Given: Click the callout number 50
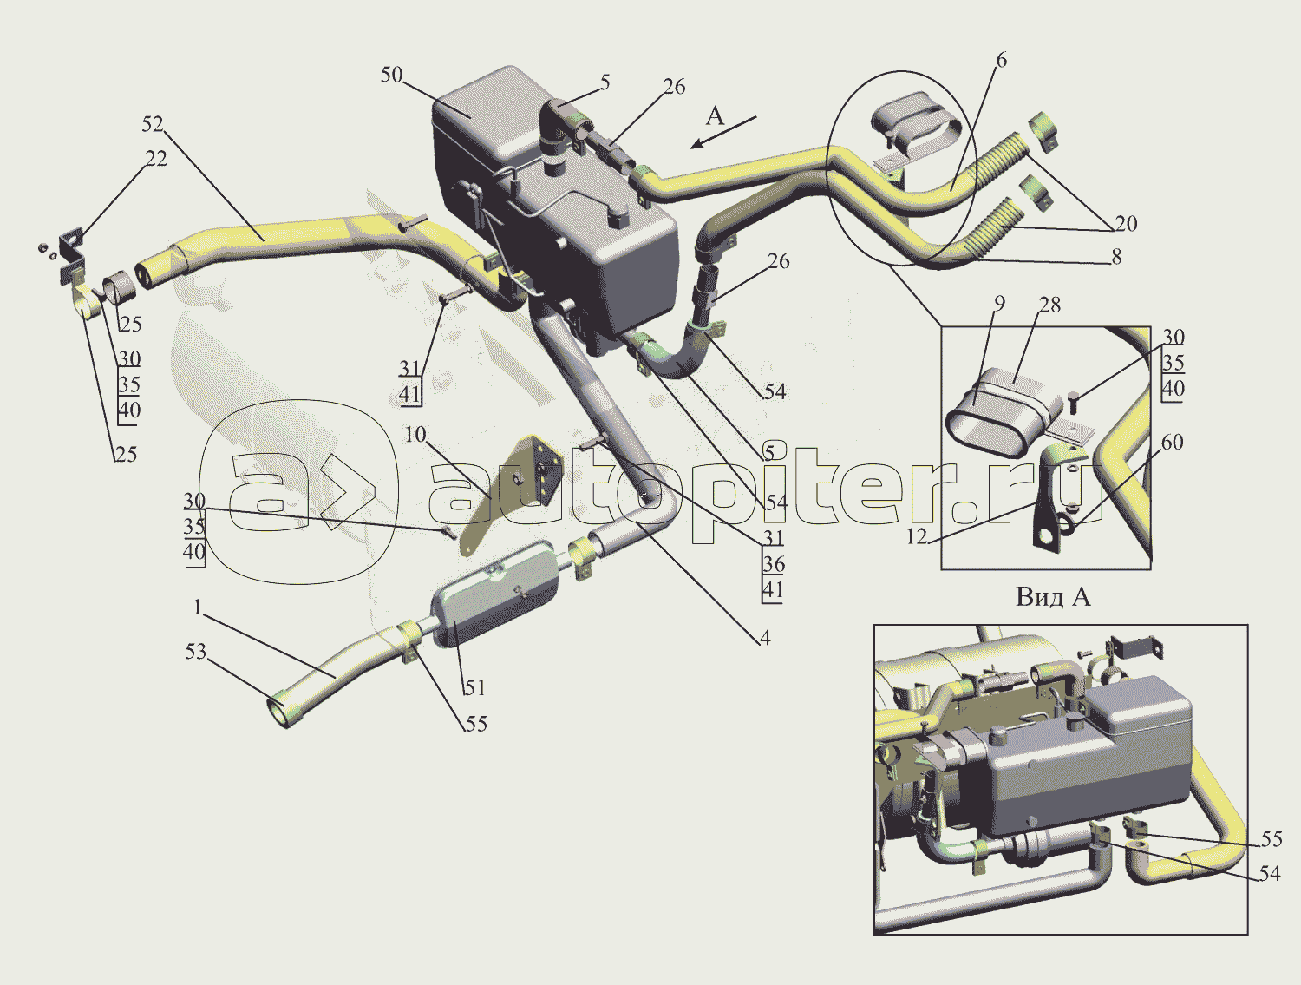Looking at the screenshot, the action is pyautogui.click(x=391, y=76).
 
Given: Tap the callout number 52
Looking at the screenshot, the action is pyautogui.click(x=153, y=124).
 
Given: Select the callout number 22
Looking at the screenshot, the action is pyautogui.click(x=156, y=158).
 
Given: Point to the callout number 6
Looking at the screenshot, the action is pyautogui.click(x=1001, y=60).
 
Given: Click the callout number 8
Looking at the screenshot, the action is pyautogui.click(x=1116, y=257).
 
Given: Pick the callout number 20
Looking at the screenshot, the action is pyautogui.click(x=1126, y=224).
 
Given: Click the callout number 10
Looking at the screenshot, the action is pyautogui.click(x=415, y=435).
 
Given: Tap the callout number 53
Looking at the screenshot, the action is pyautogui.click(x=196, y=652).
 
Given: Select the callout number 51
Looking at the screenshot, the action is pyautogui.click(x=474, y=687).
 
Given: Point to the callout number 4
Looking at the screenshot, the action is pyautogui.click(x=765, y=638).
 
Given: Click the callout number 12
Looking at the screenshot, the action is pyautogui.click(x=916, y=536).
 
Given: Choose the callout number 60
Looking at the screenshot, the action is pyautogui.click(x=1173, y=442).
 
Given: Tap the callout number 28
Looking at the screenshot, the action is pyautogui.click(x=1049, y=305).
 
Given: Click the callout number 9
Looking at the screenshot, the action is pyautogui.click(x=1000, y=304).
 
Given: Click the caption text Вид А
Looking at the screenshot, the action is pyautogui.click(x=1053, y=597).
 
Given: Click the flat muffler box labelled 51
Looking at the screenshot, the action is pyautogui.click(x=496, y=593).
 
